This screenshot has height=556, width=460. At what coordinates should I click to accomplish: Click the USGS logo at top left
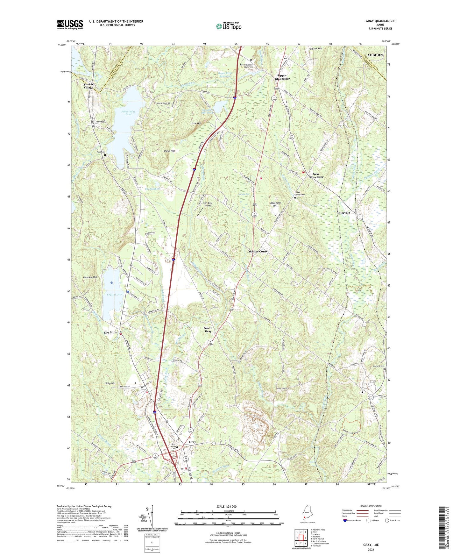70,25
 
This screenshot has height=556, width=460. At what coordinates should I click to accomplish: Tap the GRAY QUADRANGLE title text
380,21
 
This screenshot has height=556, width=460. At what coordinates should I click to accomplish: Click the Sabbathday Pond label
128,113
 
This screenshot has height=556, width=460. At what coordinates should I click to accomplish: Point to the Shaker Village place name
88,86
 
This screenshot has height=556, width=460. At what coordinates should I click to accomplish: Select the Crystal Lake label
114,295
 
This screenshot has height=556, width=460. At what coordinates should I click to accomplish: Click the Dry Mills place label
110,332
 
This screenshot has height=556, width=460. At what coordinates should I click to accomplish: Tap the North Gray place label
208,330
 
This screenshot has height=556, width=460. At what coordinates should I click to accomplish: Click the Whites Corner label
259,251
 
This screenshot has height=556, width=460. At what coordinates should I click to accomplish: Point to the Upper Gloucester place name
282,77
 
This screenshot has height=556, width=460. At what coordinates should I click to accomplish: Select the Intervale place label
343,213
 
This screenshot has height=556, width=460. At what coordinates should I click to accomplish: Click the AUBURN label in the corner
375,55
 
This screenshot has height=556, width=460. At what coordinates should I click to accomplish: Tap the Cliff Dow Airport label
208,204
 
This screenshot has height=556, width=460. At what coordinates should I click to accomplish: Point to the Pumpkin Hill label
90,277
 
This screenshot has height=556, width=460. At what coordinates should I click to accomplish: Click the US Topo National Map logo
229,26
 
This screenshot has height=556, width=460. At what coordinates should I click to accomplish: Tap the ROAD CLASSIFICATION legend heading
371,506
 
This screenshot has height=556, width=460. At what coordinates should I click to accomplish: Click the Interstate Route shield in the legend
345,521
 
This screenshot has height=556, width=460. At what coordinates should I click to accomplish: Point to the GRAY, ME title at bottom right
371,545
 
